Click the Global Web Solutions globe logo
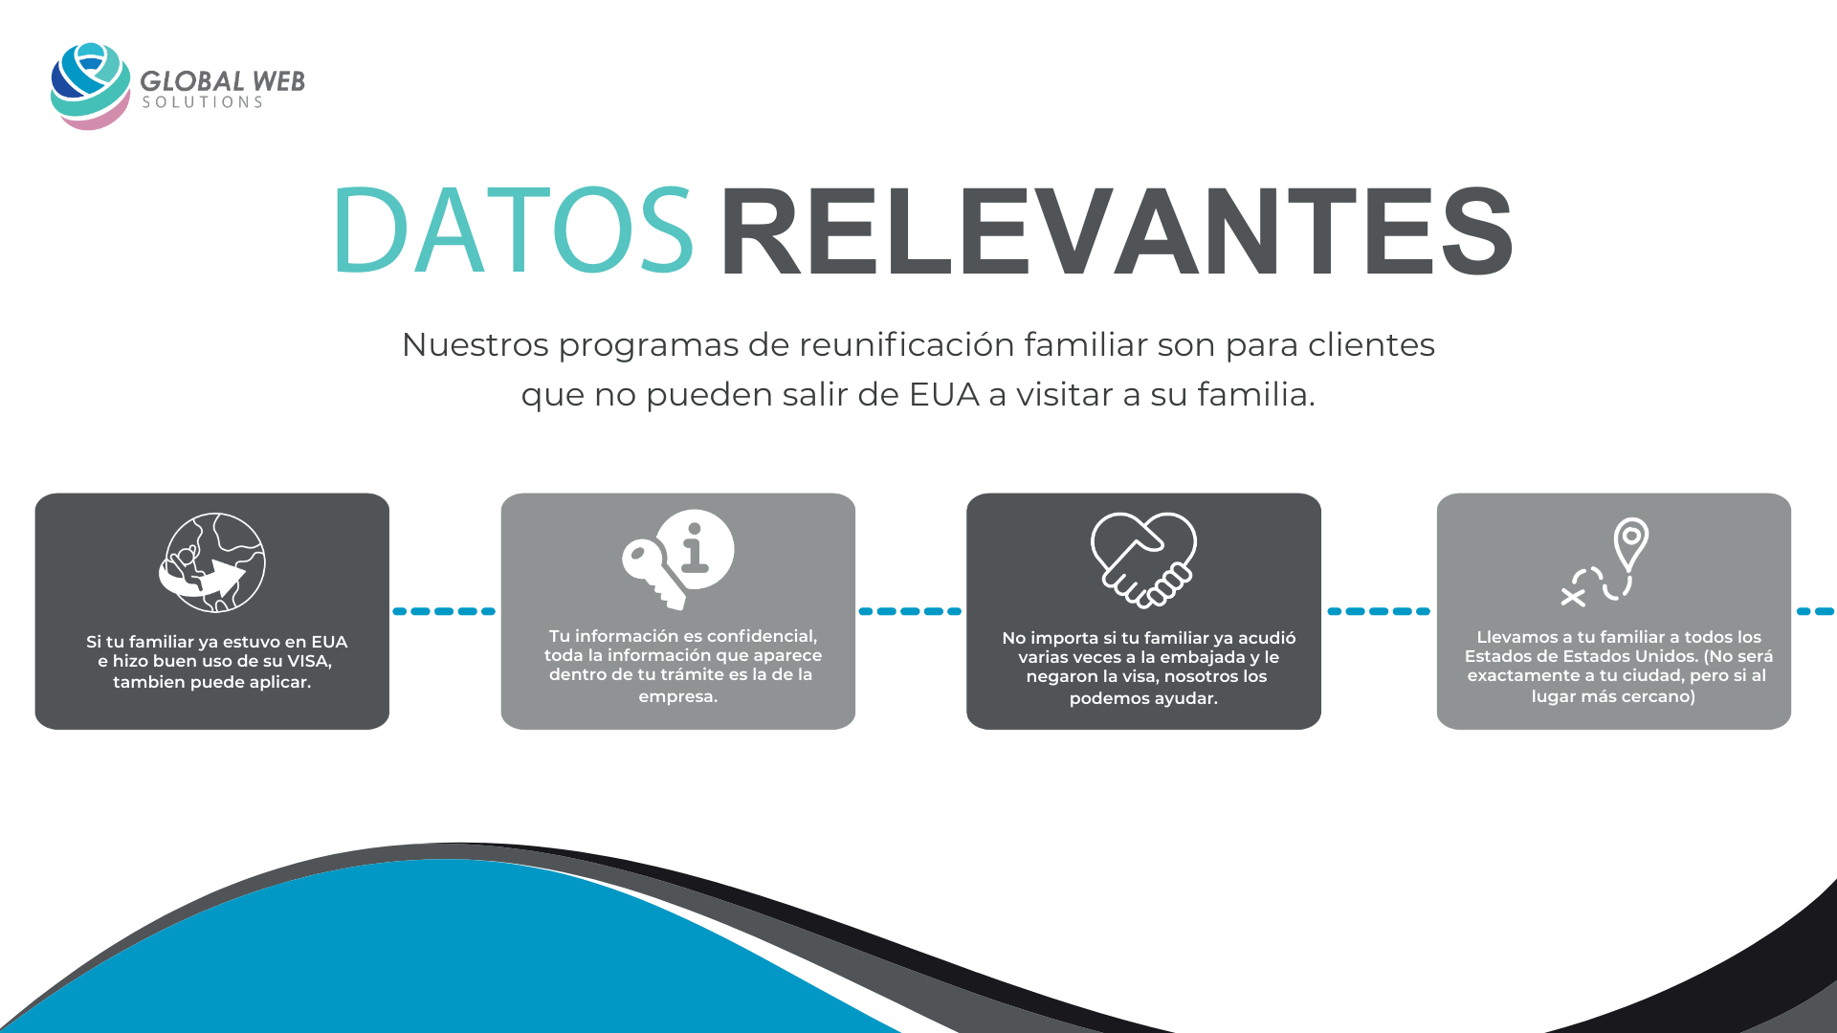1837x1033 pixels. [90, 86]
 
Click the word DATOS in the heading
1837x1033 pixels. [513, 231]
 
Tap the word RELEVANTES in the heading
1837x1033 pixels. [1117, 231]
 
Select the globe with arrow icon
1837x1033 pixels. [212, 562]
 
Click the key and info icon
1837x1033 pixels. [677, 559]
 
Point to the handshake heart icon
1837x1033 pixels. [1143, 560]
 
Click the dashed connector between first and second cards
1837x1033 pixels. [444, 611]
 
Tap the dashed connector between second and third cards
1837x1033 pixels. [910, 611]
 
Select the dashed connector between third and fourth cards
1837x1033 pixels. [1379, 611]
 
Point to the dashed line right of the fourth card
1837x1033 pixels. [1816, 611]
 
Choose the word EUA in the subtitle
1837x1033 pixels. [944, 394]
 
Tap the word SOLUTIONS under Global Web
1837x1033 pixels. [202, 102]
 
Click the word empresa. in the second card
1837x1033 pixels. [677, 696]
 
